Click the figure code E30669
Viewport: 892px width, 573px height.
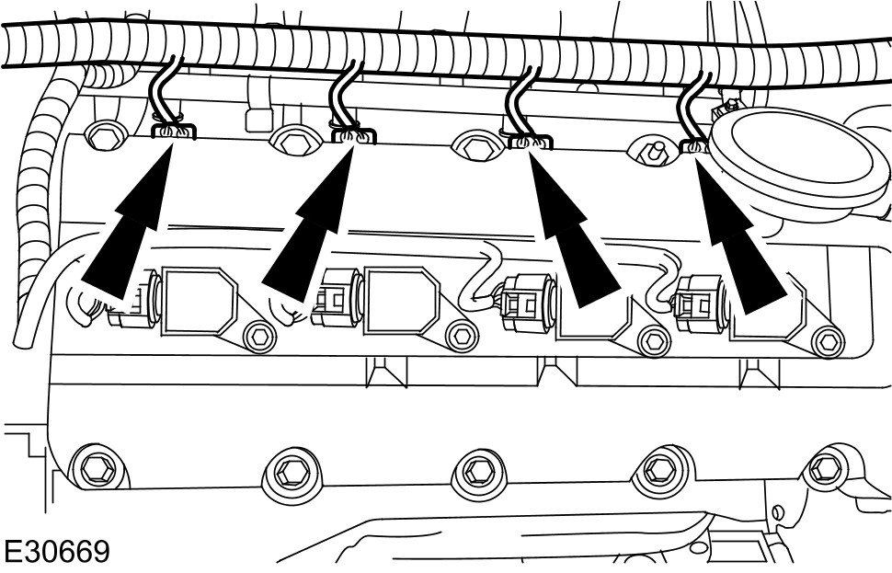click(57, 552)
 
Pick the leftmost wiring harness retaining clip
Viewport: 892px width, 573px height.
click(173, 132)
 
